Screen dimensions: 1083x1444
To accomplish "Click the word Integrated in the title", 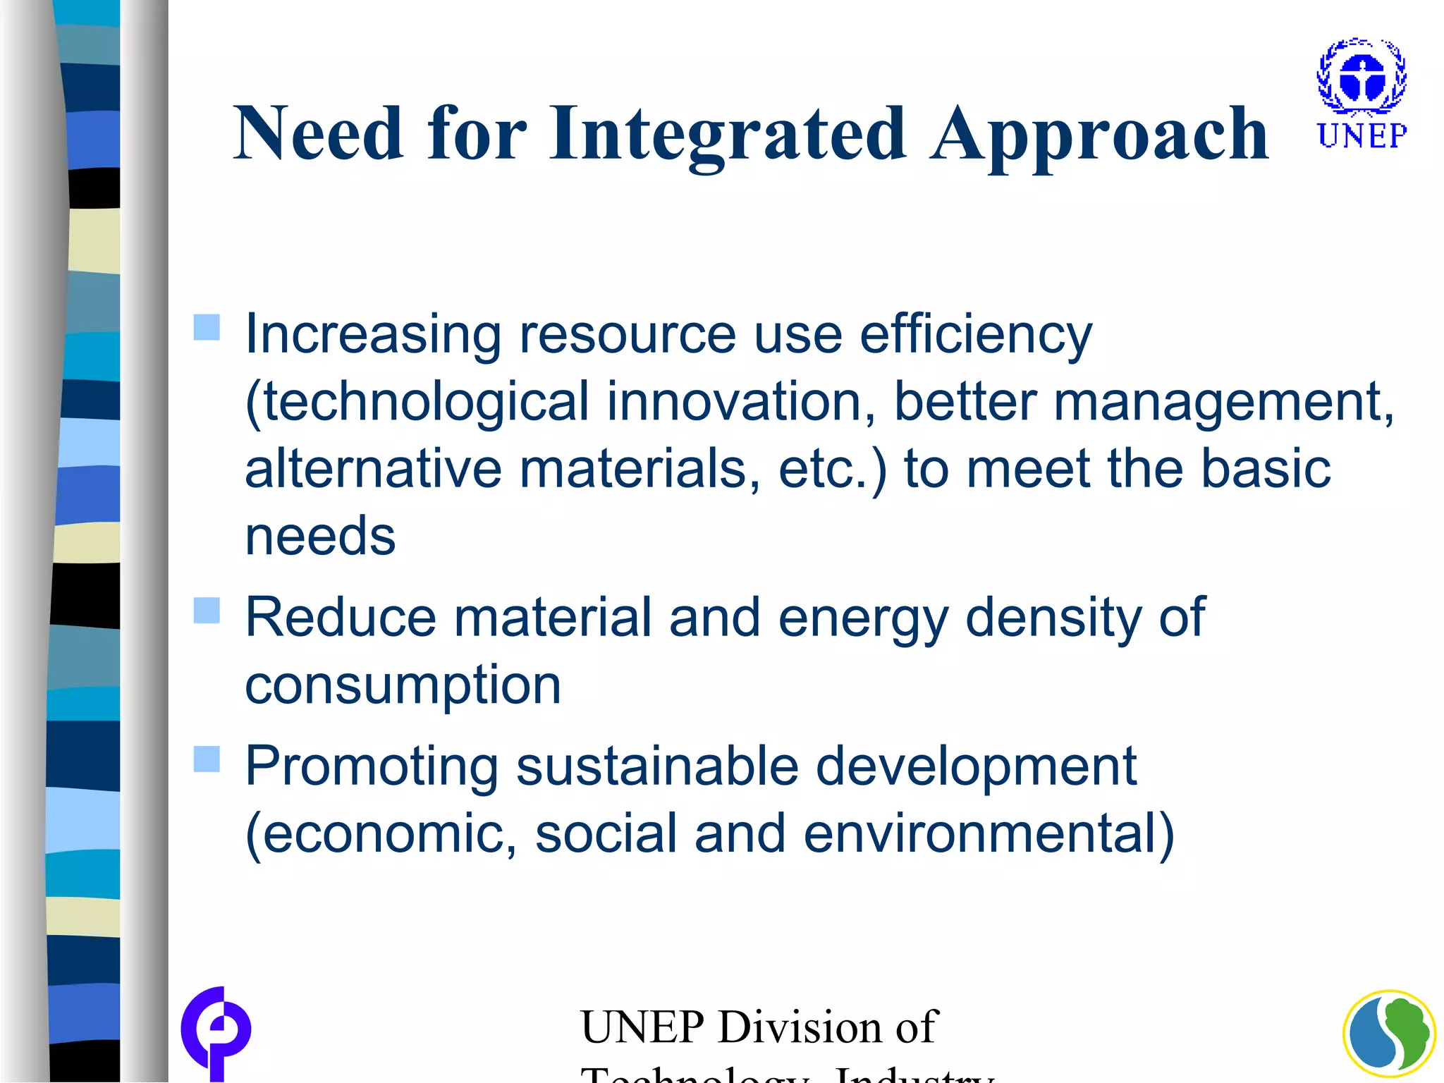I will point(728,134).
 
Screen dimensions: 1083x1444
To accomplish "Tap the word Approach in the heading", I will point(1099,134).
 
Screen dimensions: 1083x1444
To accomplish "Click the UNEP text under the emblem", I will point(1362,135).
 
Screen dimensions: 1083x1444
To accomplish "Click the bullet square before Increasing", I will point(207,327).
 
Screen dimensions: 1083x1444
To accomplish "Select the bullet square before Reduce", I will point(207,611).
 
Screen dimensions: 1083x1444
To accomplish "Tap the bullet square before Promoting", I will point(207,759).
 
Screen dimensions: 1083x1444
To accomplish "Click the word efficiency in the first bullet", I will point(976,334).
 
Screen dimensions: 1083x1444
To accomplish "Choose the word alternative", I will point(373,468).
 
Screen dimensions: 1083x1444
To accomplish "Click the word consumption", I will point(403,685).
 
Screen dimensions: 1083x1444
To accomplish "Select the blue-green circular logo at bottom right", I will point(1389,1035).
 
